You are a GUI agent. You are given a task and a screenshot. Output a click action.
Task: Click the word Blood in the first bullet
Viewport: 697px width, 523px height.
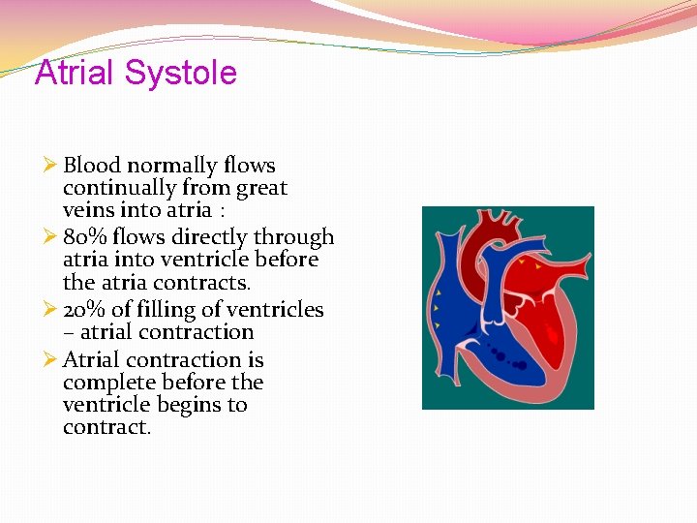point(92,166)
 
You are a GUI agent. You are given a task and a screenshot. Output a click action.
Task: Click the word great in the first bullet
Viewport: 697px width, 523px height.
point(261,188)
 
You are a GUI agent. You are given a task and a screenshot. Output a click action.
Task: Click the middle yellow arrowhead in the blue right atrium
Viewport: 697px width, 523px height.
point(438,309)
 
